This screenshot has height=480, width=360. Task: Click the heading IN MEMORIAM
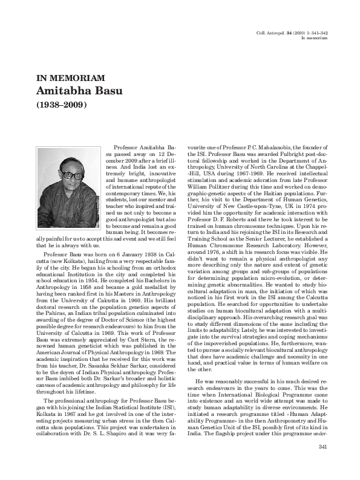point(71,79)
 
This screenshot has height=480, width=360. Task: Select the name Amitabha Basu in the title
point(80,91)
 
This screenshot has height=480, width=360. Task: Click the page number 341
point(322,463)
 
